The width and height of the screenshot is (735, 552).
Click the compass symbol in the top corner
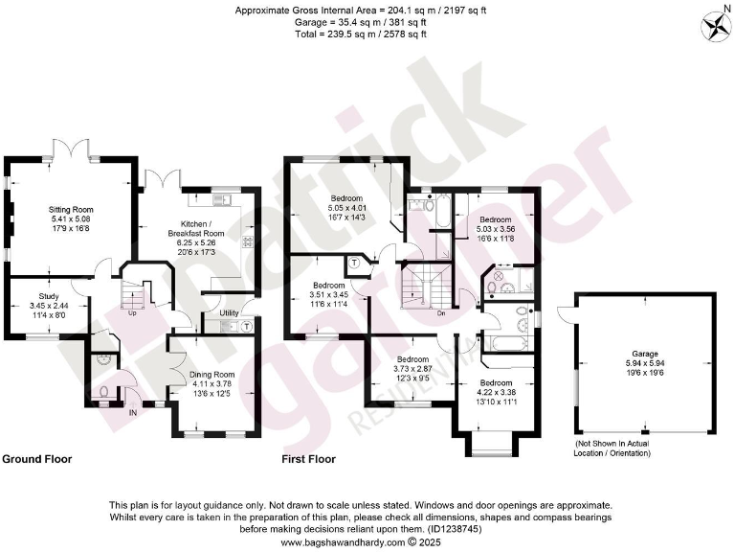point(714,23)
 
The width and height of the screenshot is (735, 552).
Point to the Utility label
point(229,312)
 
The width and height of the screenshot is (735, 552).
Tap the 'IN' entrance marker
point(134,413)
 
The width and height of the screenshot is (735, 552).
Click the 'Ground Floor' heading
point(36,459)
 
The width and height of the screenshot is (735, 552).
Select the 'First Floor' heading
point(309,459)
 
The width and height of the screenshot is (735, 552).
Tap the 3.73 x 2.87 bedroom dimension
point(414,368)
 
